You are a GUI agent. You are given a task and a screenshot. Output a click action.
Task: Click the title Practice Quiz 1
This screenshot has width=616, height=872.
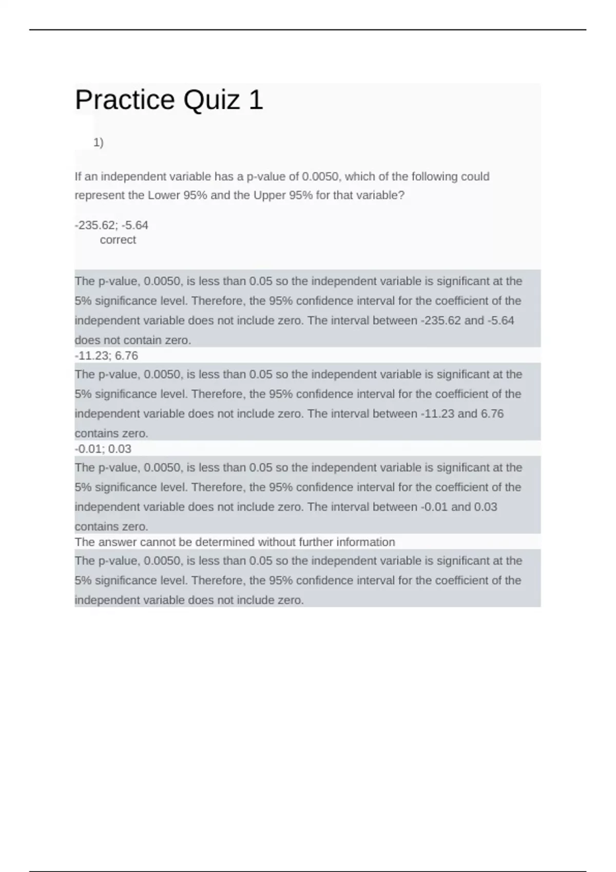click(x=169, y=100)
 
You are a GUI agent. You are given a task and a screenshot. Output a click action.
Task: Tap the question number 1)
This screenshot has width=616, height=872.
click(x=99, y=143)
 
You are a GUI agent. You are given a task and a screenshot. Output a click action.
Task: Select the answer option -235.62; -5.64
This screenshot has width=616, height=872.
click(x=111, y=225)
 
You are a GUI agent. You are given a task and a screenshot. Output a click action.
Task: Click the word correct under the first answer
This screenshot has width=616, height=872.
click(x=118, y=240)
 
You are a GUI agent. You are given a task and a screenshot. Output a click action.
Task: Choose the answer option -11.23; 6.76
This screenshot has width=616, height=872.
click(x=106, y=355)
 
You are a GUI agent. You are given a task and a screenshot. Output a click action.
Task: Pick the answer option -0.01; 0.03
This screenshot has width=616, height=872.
click(x=103, y=449)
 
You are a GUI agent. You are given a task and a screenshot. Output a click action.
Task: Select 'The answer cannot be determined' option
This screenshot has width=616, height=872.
click(x=235, y=542)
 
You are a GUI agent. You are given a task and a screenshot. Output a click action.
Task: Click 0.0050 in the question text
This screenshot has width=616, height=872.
click(x=320, y=176)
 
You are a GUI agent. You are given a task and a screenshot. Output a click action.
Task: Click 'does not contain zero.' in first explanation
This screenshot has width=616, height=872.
click(x=133, y=340)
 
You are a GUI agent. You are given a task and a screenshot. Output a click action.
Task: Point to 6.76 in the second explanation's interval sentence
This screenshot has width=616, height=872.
click(x=492, y=414)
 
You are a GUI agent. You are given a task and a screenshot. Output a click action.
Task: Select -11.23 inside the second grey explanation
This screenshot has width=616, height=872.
click(x=437, y=414)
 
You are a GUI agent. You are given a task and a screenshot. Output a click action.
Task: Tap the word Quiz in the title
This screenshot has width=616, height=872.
click(x=211, y=100)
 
